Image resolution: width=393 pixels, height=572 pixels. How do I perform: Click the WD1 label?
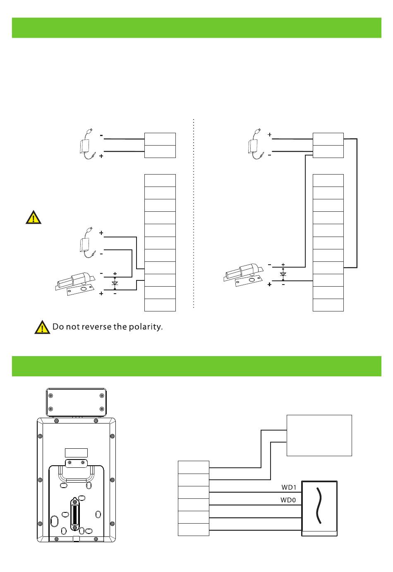coord(289,487)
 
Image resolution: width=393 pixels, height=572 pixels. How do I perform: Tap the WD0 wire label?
coord(288,500)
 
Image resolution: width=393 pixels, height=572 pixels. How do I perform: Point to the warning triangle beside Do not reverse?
coord(42,327)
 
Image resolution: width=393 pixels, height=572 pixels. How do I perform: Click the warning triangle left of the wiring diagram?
coord(33,217)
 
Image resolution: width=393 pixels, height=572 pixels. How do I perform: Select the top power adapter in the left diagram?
coord(87,145)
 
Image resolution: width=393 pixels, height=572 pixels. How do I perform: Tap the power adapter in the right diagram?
coord(255,145)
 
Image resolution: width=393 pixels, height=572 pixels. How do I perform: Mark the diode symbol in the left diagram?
coord(115,283)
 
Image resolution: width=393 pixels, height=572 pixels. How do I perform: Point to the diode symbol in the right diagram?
coord(283,274)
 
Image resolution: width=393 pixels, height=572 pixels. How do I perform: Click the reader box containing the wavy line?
coord(319,508)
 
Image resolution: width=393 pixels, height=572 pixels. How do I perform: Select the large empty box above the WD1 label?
coord(319,435)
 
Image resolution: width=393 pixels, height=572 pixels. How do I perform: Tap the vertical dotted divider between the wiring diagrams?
coord(194,213)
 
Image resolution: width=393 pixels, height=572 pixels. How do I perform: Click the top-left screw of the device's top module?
coord(51,395)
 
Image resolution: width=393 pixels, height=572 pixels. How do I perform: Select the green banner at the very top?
coord(196,28)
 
